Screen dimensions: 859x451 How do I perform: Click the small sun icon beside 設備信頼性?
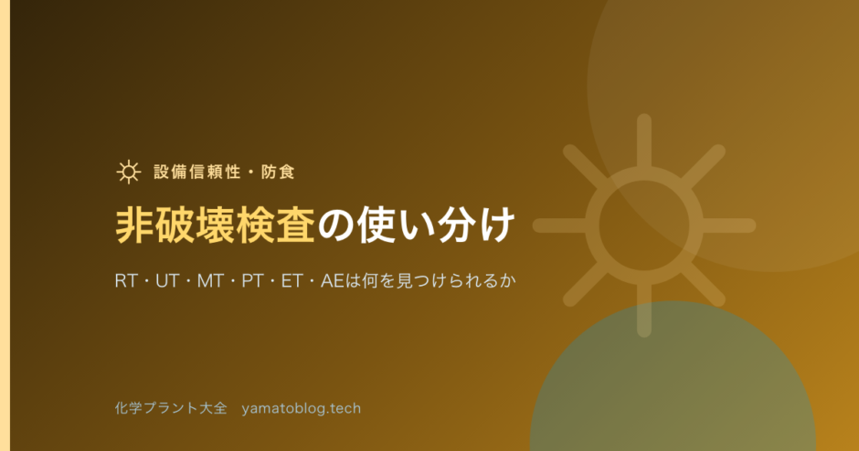click(129, 172)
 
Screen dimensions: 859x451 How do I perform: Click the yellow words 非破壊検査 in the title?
click(216, 225)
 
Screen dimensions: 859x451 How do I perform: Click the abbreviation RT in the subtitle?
click(126, 281)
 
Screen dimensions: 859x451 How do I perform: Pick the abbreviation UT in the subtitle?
click(167, 281)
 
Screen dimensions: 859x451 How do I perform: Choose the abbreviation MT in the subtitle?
click(210, 281)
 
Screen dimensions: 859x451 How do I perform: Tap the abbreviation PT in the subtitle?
click(252, 281)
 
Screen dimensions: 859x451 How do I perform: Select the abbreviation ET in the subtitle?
click(292, 281)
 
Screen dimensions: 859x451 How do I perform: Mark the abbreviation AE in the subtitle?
click(332, 281)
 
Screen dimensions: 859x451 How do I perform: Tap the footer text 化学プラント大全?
click(171, 408)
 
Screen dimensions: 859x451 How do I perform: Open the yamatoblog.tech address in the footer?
click(302, 409)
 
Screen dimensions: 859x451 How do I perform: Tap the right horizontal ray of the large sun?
click(728, 225)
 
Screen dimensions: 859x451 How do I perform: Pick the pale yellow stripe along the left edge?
click(5, 225)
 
